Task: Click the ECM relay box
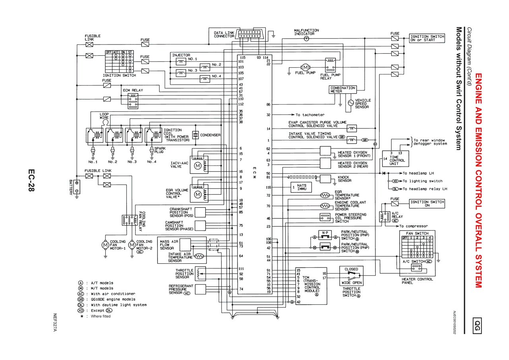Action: (133, 101)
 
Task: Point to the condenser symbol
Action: (195, 135)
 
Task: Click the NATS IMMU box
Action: (301, 187)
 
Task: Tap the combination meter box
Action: (342, 90)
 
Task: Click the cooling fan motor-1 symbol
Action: (105, 245)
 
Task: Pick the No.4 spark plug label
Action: (151, 162)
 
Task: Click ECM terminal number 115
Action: (243, 58)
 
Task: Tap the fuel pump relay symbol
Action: (330, 65)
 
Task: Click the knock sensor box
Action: (325, 179)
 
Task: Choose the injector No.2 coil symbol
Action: (205, 67)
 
